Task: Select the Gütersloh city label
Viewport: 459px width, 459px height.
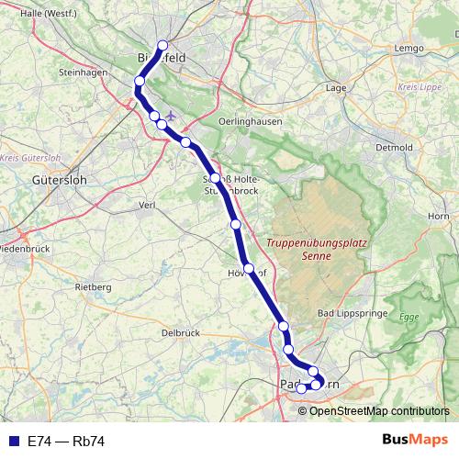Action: [x=58, y=181]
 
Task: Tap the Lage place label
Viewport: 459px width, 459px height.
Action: [x=335, y=88]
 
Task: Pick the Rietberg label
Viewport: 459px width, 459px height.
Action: [x=92, y=287]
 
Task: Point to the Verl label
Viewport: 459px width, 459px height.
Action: [x=144, y=205]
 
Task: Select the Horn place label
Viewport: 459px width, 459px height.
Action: [x=437, y=215]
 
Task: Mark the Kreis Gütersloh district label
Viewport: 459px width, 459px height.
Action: [x=25, y=158]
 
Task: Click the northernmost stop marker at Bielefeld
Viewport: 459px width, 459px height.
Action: [x=162, y=46]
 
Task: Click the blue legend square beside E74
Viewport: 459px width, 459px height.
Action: [x=12, y=442]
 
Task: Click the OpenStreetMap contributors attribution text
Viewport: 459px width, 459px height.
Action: [x=380, y=410]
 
